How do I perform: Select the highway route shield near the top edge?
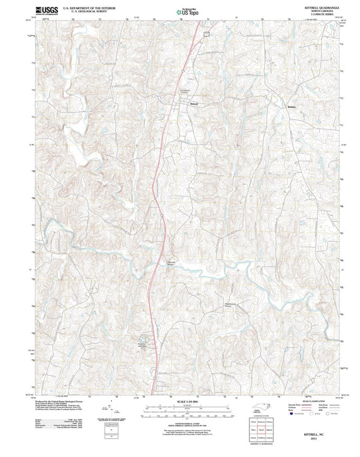(x=207, y=31)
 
